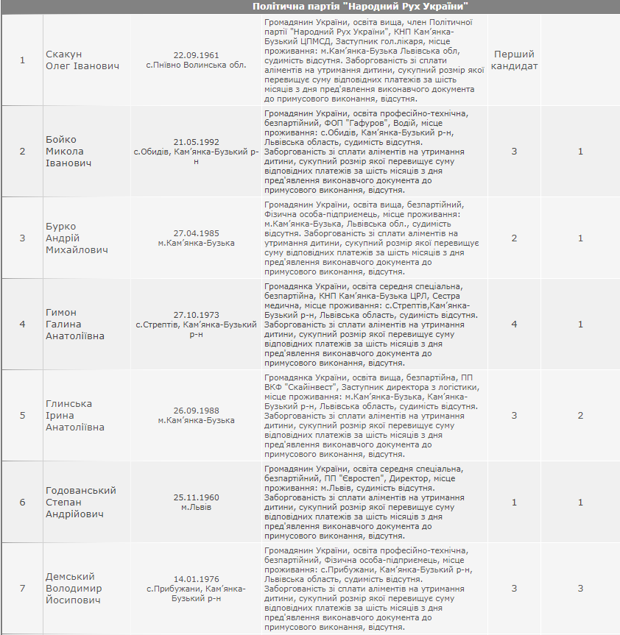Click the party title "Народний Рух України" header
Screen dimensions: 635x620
[361, 6]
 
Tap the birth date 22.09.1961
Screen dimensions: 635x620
[196, 55]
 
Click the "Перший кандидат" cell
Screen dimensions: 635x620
[514, 60]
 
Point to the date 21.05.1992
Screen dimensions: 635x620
[196, 141]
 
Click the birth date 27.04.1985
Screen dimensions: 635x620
[196, 233]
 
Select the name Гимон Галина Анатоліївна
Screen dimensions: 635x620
[75, 324]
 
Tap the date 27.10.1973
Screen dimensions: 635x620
[196, 313]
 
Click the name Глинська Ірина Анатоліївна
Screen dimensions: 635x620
[75, 415]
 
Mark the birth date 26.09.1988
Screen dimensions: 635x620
[196, 410]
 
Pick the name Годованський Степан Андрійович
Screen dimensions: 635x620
[81, 502]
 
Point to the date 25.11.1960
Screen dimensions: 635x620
[196, 497]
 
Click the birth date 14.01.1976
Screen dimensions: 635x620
[196, 578]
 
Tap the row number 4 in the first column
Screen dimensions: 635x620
[22, 324]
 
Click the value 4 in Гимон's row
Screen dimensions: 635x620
[514, 324]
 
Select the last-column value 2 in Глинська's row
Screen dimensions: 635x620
[580, 415]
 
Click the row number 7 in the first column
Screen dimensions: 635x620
[22, 588]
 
